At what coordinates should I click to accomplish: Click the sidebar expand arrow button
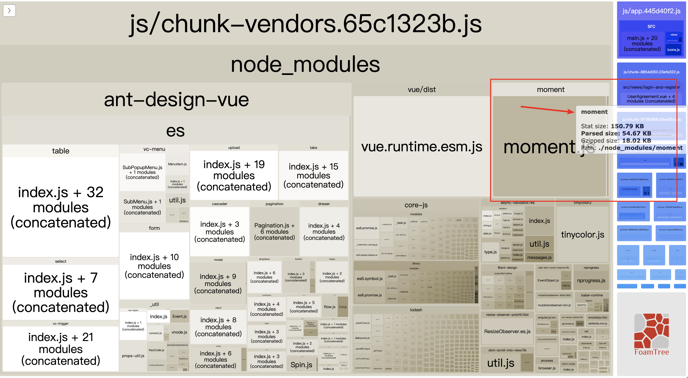coord(9,11)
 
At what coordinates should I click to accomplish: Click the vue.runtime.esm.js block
coord(421,146)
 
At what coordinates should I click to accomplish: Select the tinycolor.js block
coord(582,234)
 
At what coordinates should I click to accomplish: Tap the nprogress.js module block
coord(591,280)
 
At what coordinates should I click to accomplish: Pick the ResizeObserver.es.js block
coord(507,331)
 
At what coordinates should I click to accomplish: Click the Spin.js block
coord(301,365)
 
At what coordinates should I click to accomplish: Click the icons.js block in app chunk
coord(673,50)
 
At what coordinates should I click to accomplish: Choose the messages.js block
coord(539,257)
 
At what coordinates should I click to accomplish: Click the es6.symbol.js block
coord(370,279)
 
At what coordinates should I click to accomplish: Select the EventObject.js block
coord(548,280)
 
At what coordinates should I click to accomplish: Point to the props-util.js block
coord(133,356)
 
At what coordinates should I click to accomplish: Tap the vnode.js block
coord(179,332)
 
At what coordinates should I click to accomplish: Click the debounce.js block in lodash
coord(362,338)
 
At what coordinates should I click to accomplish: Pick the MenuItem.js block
coord(177,164)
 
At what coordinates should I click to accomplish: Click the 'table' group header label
coord(61,151)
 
